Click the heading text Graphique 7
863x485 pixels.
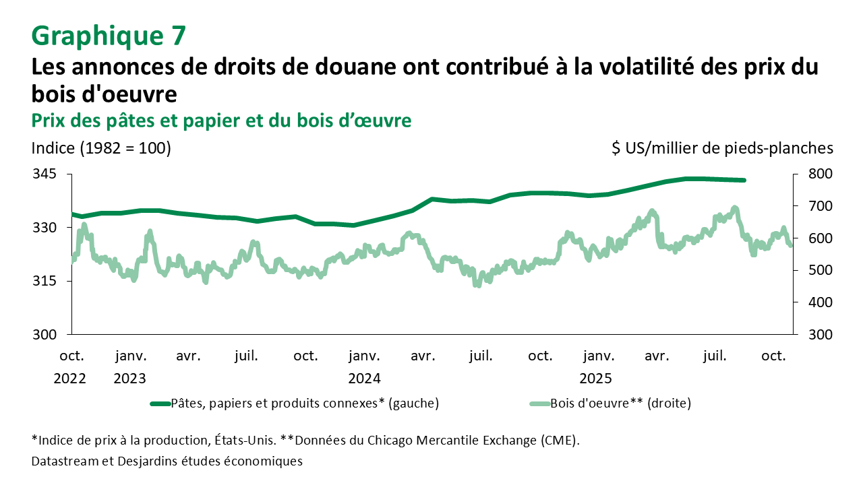[x=108, y=36]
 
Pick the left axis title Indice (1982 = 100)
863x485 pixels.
[x=101, y=148]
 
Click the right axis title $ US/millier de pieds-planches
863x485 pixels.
[x=722, y=148]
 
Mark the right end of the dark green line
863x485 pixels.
[x=744, y=180]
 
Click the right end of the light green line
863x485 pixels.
[x=790, y=245]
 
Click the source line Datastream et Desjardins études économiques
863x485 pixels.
[x=167, y=461]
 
